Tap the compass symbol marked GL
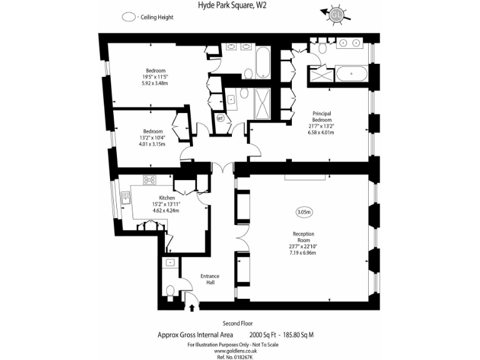pos(337,14)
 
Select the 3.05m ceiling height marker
pos(304,212)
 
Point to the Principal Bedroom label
pos(322,116)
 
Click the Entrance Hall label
pos(209,279)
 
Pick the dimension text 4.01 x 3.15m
pos(152,144)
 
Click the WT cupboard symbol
pos(220,117)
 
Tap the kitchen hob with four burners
pos(150,180)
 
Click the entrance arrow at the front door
pos(192,306)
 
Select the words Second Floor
pos(240,323)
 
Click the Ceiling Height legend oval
pos(129,17)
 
